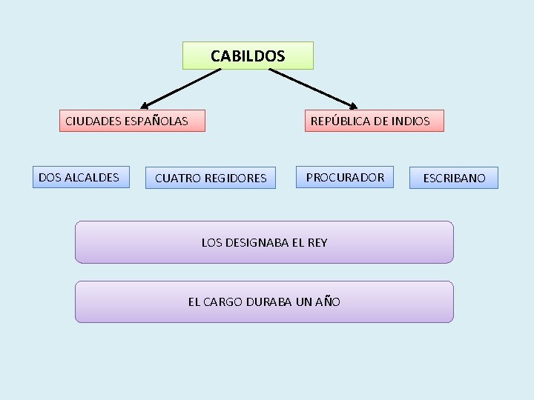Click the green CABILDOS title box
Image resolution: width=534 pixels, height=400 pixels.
click(x=248, y=56)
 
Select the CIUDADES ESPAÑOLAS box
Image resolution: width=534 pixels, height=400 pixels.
click(x=132, y=121)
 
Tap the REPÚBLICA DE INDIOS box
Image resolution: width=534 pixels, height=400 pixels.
click(x=375, y=121)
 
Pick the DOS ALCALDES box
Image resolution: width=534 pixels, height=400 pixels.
click(x=80, y=177)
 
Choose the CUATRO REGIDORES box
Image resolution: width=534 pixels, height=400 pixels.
click(x=211, y=178)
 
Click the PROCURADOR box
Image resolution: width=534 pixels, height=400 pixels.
click(x=346, y=177)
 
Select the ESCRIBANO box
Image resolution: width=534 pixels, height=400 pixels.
click(x=454, y=178)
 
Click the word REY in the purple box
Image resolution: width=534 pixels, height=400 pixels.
click(x=316, y=242)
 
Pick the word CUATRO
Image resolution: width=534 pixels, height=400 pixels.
click(x=176, y=178)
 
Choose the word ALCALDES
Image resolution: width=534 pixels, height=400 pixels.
click(x=92, y=177)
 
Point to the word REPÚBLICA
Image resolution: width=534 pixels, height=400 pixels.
click(x=341, y=121)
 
